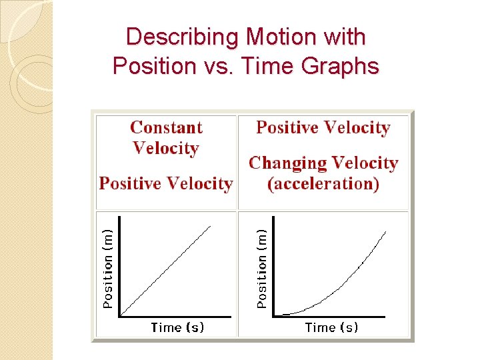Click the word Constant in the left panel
[166, 127]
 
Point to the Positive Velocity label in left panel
[166, 183]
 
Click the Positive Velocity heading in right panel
[323, 127]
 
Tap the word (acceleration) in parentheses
[323, 183]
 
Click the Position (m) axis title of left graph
[107, 265]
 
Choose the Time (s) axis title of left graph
[177, 327]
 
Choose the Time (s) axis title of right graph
[331, 327]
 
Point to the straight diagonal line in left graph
[167, 270]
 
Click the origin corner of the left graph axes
[119, 315]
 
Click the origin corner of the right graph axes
[274, 315]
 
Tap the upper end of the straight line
[210, 227]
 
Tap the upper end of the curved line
[385, 231]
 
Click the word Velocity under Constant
[166, 148]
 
